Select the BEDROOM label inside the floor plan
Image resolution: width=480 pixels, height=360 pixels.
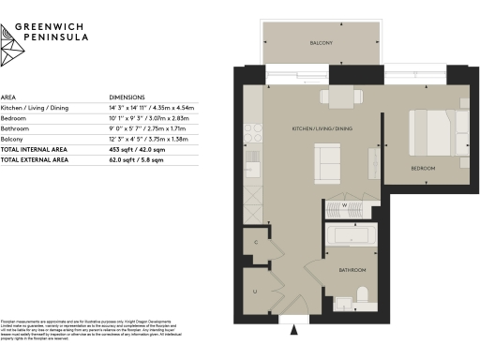click(x=423, y=168)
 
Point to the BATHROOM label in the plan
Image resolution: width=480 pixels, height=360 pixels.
click(x=352, y=269)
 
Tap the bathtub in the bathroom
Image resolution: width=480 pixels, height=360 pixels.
click(x=352, y=239)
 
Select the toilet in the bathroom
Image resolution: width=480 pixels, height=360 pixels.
click(x=364, y=299)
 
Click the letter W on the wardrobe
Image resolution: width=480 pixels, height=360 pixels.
click(x=344, y=204)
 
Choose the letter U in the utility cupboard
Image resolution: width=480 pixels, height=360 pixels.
click(x=255, y=292)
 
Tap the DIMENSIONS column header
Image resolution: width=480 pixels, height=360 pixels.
click(x=128, y=97)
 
